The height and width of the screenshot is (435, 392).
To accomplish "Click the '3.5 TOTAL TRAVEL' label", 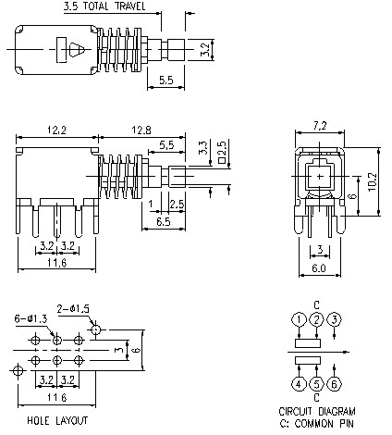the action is (104, 6).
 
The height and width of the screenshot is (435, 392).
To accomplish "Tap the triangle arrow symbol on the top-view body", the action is (76, 50).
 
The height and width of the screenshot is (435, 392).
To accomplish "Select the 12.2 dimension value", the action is (56, 130).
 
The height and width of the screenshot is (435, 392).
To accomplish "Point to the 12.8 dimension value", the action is (141, 130).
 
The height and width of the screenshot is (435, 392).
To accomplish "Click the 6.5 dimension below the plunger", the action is (164, 221).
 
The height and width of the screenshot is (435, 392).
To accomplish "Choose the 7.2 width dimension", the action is (320, 126).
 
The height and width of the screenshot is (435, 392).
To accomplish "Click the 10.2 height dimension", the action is (373, 181).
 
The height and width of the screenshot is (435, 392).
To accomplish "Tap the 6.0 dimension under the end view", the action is (319, 268).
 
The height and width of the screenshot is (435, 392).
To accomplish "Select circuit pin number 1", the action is (299, 319).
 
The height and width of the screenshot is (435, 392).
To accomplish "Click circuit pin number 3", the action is (335, 319).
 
